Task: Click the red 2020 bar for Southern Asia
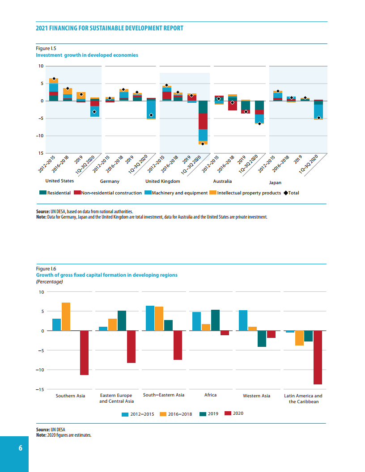point(84,353)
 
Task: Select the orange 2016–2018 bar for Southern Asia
point(66,317)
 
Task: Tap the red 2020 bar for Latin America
point(318,358)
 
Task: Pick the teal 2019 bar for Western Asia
point(262,339)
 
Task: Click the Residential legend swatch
point(43,193)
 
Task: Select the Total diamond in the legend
point(286,193)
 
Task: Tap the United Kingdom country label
point(163,181)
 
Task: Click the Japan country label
point(275,183)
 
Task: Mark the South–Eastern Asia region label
point(164,395)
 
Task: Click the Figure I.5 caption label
point(46,48)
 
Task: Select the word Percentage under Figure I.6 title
point(49,282)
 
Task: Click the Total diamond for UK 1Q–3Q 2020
point(203,143)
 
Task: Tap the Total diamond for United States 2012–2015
point(54,79)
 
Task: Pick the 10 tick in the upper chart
point(41,66)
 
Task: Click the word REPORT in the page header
point(172,28)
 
